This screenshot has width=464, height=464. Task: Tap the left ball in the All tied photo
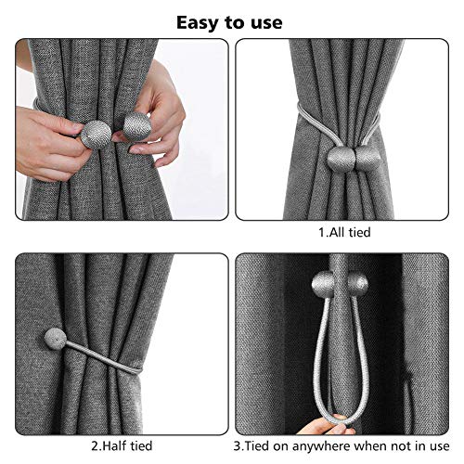click(x=334, y=159)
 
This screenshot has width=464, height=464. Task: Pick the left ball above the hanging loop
click(x=324, y=283)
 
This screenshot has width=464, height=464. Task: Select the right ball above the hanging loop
click(x=354, y=283)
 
